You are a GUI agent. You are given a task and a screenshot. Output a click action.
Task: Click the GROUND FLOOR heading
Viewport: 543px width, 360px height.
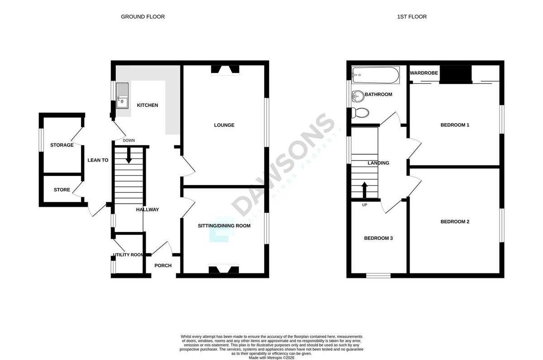pyautogui.click(x=143, y=17)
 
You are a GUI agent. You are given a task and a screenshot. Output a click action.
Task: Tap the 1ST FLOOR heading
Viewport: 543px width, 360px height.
pyautogui.click(x=412, y=17)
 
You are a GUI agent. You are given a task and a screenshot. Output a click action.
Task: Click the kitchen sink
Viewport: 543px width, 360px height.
pyautogui.click(x=122, y=96)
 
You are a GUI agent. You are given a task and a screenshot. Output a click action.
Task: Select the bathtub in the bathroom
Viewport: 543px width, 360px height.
pyautogui.click(x=376, y=75)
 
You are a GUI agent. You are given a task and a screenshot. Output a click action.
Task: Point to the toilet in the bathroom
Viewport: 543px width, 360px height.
pyautogui.click(x=360, y=113)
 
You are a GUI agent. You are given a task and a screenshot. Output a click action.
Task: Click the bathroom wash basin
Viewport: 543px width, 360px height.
pyautogui.click(x=357, y=96)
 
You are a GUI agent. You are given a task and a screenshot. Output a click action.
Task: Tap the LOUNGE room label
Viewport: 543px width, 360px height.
pyautogui.click(x=224, y=125)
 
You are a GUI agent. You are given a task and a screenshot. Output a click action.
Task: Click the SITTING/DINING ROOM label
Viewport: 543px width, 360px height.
pyautogui.click(x=224, y=226)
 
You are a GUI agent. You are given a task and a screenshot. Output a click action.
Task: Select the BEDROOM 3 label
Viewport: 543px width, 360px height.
pyautogui.click(x=378, y=238)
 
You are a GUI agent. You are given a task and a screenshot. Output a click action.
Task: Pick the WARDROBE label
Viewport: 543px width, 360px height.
pyautogui.click(x=424, y=73)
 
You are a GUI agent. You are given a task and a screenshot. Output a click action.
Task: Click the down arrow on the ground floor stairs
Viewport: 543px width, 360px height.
pyautogui.click(x=129, y=155)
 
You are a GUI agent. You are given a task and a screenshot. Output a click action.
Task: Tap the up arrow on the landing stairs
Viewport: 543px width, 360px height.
pyautogui.click(x=365, y=190)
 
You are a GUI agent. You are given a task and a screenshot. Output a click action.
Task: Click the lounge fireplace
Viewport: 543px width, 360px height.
pyautogui.click(x=225, y=70)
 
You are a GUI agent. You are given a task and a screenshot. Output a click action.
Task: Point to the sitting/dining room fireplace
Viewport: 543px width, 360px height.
pyautogui.click(x=224, y=269)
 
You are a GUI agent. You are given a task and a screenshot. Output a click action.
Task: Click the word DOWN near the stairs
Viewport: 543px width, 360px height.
pyautogui.click(x=129, y=141)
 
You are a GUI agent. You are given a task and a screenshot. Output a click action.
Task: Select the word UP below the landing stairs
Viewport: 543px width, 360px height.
pyautogui.click(x=365, y=205)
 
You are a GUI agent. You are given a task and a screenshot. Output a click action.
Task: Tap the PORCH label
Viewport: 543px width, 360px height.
pyautogui.click(x=163, y=265)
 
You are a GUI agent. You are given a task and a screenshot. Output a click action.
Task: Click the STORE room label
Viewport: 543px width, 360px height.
pyautogui.click(x=62, y=189)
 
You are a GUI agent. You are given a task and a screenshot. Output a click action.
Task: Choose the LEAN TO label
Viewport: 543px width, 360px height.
pyautogui.click(x=98, y=160)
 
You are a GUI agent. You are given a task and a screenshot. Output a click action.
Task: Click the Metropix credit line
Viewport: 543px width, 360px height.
pyautogui.click(x=271, y=358)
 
